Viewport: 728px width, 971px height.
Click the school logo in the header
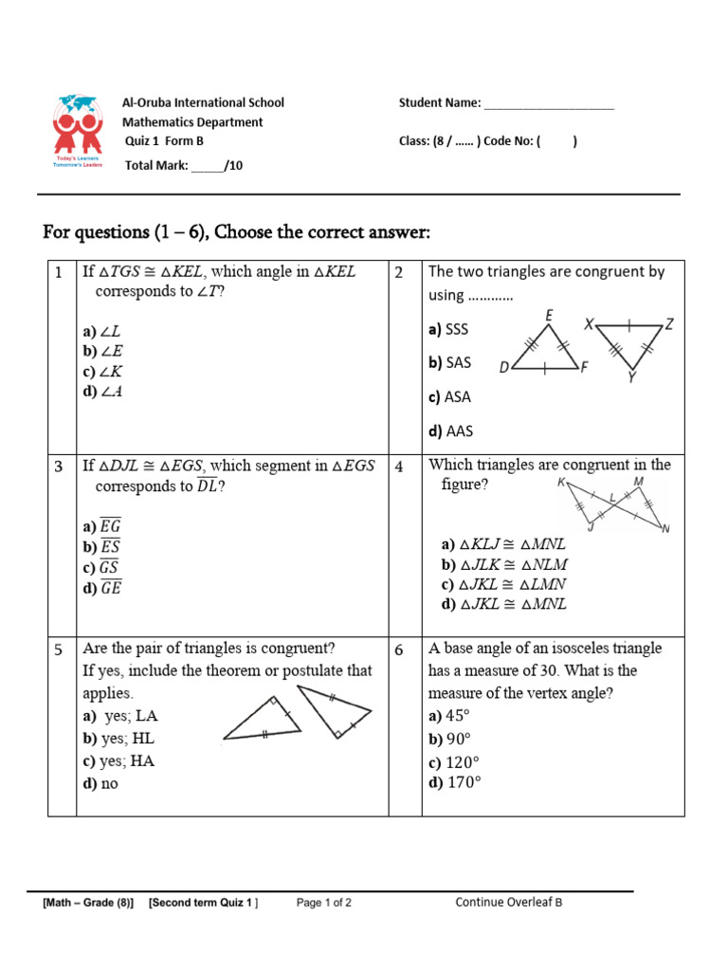click(x=77, y=131)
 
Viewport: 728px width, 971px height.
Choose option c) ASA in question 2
click(x=449, y=396)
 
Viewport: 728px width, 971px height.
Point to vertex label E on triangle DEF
click(x=550, y=316)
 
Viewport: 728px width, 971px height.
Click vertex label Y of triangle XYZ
click(x=631, y=377)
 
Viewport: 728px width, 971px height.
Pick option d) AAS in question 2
click(x=449, y=431)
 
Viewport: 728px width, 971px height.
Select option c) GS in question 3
click(x=101, y=567)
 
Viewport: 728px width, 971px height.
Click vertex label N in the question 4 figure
click(x=664, y=528)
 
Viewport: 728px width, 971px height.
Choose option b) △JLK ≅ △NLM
click(x=504, y=564)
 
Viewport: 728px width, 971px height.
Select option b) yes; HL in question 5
click(x=118, y=739)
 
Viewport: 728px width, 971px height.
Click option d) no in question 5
click(x=100, y=784)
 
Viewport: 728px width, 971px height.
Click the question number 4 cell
click(x=400, y=467)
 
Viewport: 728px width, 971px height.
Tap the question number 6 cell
click(x=400, y=650)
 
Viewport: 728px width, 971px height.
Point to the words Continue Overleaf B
click(x=509, y=902)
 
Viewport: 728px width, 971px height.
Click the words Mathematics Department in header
click(x=192, y=122)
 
